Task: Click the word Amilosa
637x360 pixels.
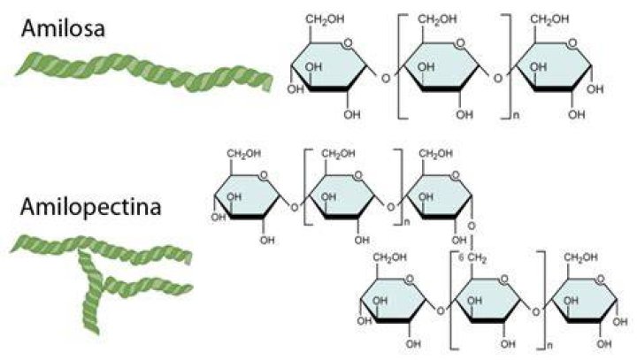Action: pyautogui.click(x=63, y=28)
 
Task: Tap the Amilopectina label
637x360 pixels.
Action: pyautogui.click(x=91, y=207)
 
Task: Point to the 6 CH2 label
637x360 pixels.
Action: pyautogui.click(x=472, y=258)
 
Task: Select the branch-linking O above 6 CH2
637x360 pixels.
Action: pyautogui.click(x=472, y=226)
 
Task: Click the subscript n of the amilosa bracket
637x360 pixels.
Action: pyautogui.click(x=517, y=115)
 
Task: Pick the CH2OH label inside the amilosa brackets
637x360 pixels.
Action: pyautogui.click(x=437, y=19)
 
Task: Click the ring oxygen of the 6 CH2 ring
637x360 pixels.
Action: pyautogui.click(x=503, y=280)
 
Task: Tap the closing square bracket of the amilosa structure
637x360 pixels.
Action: pyautogui.click(x=506, y=66)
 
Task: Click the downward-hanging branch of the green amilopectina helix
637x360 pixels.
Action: pyautogui.click(x=91, y=290)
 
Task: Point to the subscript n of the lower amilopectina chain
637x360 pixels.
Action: pyautogui.click(x=549, y=346)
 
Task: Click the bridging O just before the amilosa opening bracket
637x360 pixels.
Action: pyautogui.click(x=385, y=78)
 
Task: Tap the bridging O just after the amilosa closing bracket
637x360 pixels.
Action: pyautogui.click(x=498, y=78)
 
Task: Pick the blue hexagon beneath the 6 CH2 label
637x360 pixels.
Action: pyautogui.click(x=487, y=301)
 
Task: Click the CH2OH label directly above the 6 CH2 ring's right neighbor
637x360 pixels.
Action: pyautogui.click(x=580, y=257)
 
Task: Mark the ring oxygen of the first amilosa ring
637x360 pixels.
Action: pyautogui.click(x=348, y=43)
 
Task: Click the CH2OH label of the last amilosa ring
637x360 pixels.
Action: pyautogui.click(x=549, y=19)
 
